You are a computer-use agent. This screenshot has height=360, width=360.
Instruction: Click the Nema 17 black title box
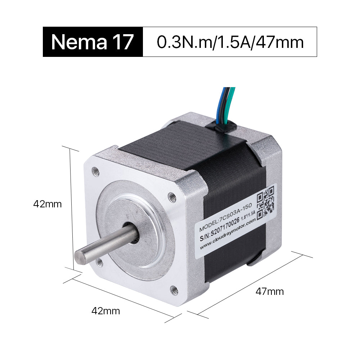(93, 42)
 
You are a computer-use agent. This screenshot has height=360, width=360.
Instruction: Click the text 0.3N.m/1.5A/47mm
(230, 42)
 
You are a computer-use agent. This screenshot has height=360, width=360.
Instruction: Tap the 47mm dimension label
(270, 291)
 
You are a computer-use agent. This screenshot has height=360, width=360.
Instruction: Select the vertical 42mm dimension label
(47, 204)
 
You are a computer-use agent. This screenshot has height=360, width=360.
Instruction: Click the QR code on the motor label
(265, 202)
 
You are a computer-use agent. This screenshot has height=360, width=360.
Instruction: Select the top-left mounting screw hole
(95, 171)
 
